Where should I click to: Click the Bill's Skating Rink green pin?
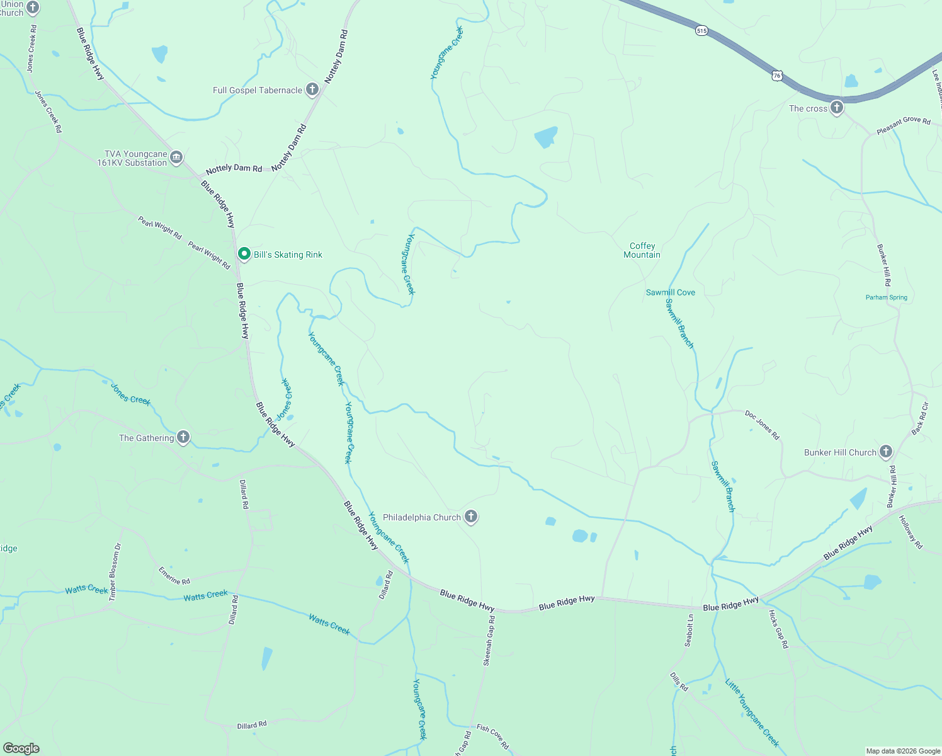tap(244, 254)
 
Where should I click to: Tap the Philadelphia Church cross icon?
tap(470, 517)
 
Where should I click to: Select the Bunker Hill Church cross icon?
tap(885, 452)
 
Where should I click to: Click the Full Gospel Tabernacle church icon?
tap(312, 89)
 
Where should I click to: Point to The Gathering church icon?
tap(183, 437)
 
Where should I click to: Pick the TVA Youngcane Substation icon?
tap(176, 157)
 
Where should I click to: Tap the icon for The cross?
tap(836, 108)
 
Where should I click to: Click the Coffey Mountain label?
tap(642, 250)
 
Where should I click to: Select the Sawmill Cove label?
tap(670, 292)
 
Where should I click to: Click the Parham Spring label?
tap(886, 297)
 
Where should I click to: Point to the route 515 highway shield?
tap(702, 30)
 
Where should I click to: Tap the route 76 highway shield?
tap(776, 76)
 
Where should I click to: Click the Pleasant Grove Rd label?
tap(903, 124)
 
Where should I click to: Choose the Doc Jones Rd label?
tap(762, 425)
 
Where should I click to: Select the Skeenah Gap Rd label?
tap(489, 641)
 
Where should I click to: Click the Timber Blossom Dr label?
tap(114, 573)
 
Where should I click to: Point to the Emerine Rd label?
tap(174, 576)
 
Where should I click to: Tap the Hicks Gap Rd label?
tap(778, 629)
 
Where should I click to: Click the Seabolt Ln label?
tap(689, 630)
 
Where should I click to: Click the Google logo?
tap(21, 748)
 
